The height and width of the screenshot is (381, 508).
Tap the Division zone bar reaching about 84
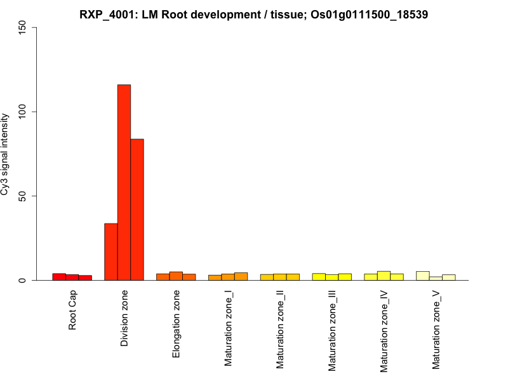click(x=137, y=210)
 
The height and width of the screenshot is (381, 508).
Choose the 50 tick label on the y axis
click(x=25, y=196)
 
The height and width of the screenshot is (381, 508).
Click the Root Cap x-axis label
click(x=72, y=311)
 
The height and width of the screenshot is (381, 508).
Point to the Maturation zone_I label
click(x=228, y=328)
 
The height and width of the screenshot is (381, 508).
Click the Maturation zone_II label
click(x=280, y=330)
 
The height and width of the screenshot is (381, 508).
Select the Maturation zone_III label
click(x=332, y=331)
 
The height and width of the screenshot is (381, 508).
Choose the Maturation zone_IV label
click(x=384, y=331)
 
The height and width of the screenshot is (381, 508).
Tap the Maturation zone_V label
click(x=436, y=330)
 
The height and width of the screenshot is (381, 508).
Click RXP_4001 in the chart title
click(x=103, y=14)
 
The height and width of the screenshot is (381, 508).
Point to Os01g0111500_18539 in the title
click(x=370, y=14)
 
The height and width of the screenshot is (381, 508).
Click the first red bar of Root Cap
click(x=59, y=277)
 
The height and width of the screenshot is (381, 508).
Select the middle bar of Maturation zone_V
click(x=436, y=278)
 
